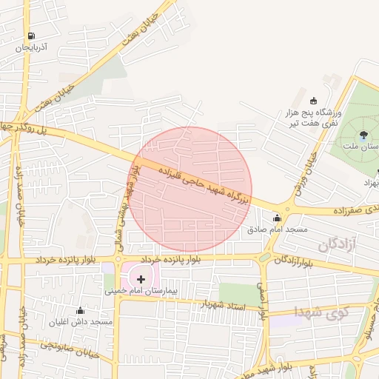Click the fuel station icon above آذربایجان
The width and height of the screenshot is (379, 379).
[x=30, y=36]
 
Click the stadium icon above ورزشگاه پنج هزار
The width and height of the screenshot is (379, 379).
[x=313, y=101]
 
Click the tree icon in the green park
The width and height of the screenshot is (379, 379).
[x=363, y=135]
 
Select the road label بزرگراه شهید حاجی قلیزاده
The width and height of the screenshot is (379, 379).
[x=204, y=185]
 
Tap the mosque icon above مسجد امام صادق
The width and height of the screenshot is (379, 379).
[x=277, y=218]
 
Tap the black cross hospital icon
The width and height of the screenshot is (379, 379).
[x=141, y=279]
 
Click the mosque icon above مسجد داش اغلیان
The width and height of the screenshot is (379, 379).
[x=80, y=310]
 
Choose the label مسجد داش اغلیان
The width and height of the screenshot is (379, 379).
[x=80, y=322]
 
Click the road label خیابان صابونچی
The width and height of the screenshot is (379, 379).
[x=67, y=345]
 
